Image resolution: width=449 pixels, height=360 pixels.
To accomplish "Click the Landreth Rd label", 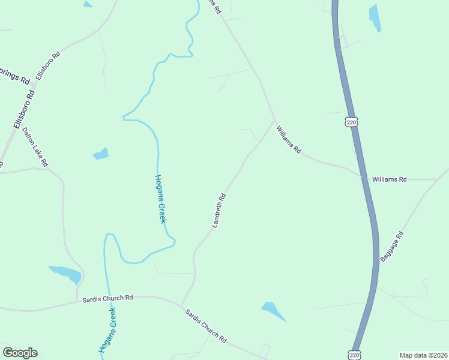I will point(218,210).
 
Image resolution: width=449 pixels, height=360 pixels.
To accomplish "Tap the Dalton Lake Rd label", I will point(35,146).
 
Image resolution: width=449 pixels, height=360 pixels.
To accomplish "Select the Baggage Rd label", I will point(391,246).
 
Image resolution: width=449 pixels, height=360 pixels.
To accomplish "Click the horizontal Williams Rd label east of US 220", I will point(390,179).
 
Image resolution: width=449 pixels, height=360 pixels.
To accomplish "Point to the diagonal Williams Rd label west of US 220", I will point(288,139).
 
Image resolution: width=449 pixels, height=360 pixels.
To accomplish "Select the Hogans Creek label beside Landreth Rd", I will point(160,199).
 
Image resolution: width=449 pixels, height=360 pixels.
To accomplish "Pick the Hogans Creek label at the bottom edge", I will point(107,330).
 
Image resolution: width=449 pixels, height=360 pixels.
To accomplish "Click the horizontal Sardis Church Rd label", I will point(107,298).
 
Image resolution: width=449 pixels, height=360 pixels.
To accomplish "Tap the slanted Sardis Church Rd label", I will point(205,326).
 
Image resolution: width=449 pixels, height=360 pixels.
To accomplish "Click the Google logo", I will point(20,353).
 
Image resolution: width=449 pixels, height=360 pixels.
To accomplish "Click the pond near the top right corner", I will point(375,17).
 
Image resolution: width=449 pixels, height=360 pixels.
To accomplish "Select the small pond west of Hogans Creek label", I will point(101,154).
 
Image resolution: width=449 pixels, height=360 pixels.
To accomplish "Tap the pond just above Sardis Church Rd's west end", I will point(66,274).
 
